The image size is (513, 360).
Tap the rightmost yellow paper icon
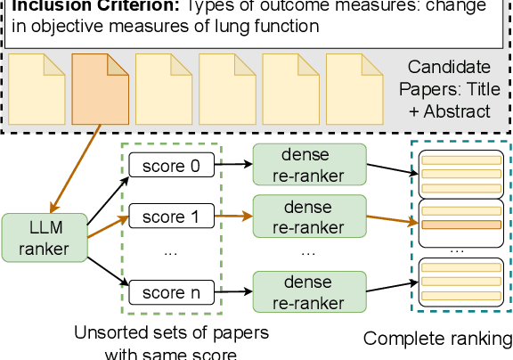pos(350,89)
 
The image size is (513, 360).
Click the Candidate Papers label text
pos(448,89)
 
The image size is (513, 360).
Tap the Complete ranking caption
pos(438,339)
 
